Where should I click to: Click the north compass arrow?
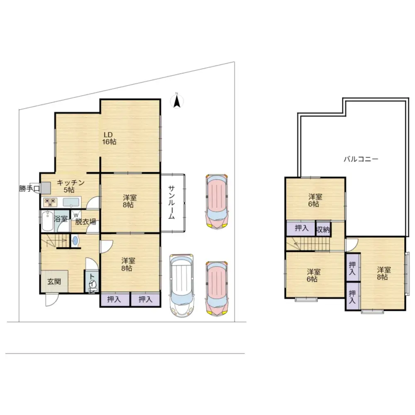coord(177,102)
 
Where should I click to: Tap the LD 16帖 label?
coord(109,139)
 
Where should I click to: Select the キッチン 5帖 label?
coord(71,186)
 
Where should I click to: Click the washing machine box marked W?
coord(76,215)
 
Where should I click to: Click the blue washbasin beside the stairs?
coord(76,241)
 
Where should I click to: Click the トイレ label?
coord(92,283)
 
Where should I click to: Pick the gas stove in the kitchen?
coord(50,202)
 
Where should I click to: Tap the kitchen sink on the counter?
coord(71,202)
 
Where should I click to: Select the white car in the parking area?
coord(182,286)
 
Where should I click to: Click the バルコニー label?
coord(361,159)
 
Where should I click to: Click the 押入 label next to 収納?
coord(302,228)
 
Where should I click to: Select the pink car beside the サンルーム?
coord(217,201)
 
